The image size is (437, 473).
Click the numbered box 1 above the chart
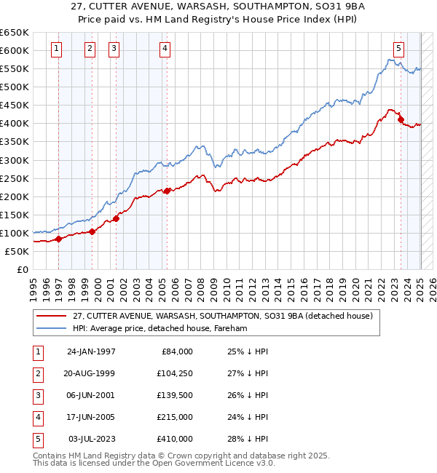(57, 49)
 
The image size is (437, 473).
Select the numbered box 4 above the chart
(165, 49)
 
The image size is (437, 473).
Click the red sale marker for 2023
(401, 119)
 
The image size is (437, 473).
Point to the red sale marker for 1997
(58, 239)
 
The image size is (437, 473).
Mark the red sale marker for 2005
(167, 191)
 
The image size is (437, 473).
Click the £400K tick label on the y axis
(14, 123)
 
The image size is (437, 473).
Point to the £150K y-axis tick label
(14, 215)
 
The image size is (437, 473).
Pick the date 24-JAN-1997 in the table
(91, 351)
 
